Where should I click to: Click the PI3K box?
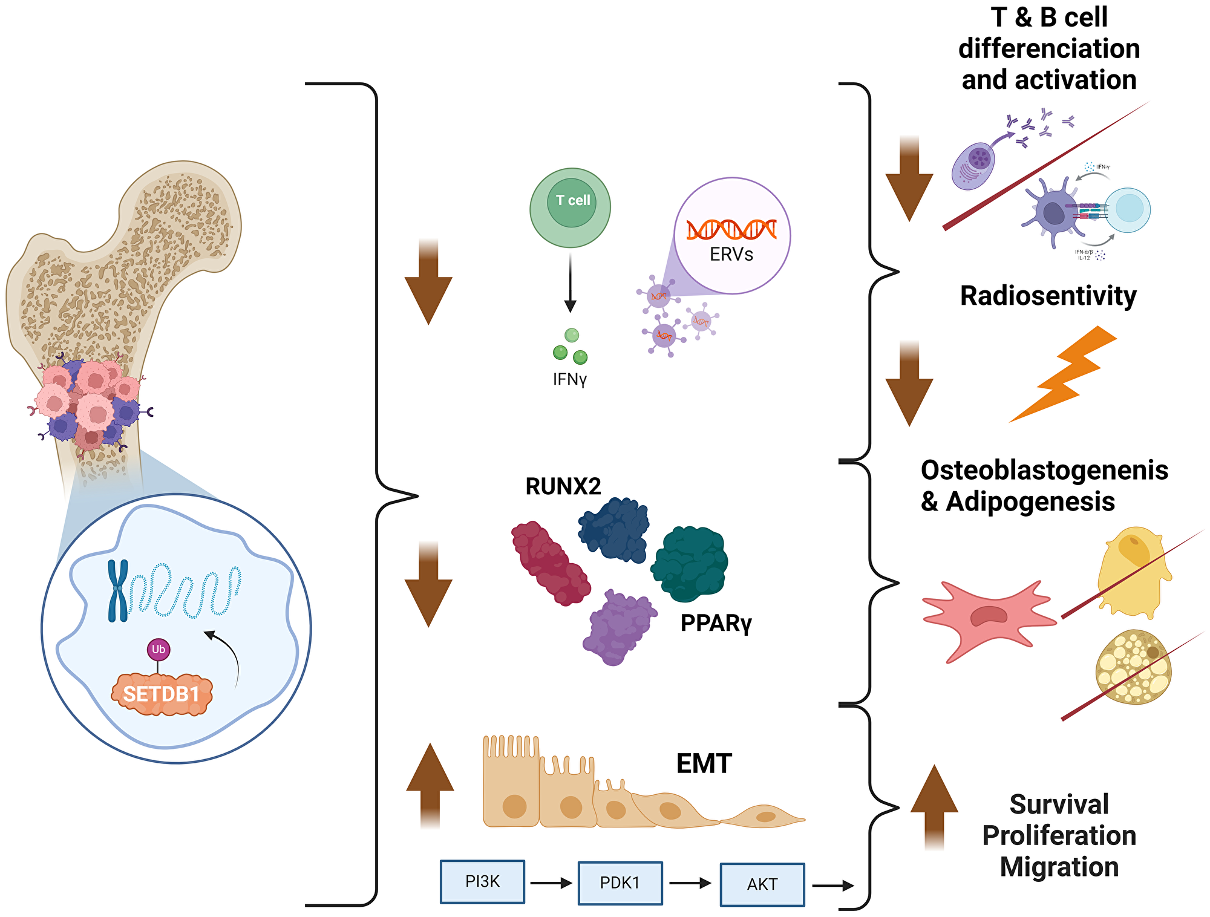[x=482, y=881]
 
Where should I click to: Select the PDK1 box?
[x=620, y=883]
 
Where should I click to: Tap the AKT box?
[x=762, y=884]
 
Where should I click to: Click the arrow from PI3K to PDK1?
[x=551, y=883]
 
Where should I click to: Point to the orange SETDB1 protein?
[x=162, y=694]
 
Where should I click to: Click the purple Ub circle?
[x=159, y=650]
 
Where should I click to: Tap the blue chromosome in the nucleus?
[x=118, y=590]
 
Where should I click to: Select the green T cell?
[x=570, y=207]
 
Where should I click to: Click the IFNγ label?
[x=569, y=379]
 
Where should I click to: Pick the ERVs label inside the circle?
[x=731, y=255]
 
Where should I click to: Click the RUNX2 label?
[x=563, y=486]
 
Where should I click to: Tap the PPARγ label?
[x=716, y=623]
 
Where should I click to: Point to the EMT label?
[x=704, y=763]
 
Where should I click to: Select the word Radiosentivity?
[x=1048, y=296]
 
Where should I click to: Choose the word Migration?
[x=1059, y=867]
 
